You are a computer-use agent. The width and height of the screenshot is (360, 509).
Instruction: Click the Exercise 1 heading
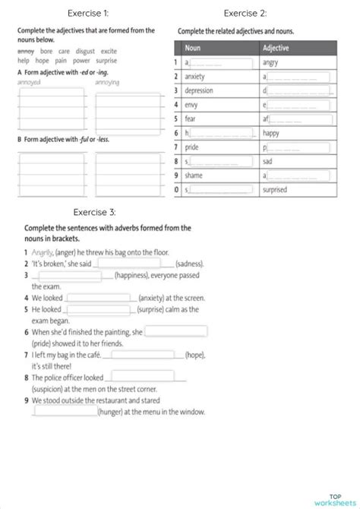[88, 13]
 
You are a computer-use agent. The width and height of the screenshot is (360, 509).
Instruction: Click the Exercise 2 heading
[245, 13]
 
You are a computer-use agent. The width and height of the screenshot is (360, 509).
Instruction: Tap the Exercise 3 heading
[94, 212]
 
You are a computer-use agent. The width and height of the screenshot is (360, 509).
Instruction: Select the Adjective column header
[276, 48]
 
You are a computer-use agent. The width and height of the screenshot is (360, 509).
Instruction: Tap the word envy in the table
[191, 105]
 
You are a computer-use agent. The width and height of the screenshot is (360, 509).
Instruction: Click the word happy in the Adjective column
[271, 133]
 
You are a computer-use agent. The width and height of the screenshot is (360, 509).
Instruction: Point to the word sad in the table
[268, 162]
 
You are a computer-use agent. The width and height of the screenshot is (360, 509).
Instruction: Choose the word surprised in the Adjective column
[275, 190]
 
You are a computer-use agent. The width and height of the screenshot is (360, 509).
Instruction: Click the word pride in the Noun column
[192, 147]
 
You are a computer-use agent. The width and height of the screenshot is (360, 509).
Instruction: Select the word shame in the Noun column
[194, 175]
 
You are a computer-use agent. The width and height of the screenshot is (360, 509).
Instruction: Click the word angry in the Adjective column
[270, 62]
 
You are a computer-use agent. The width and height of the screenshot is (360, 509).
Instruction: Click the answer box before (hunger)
[65, 412]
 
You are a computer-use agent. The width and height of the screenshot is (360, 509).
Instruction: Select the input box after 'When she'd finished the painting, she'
[175, 331]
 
